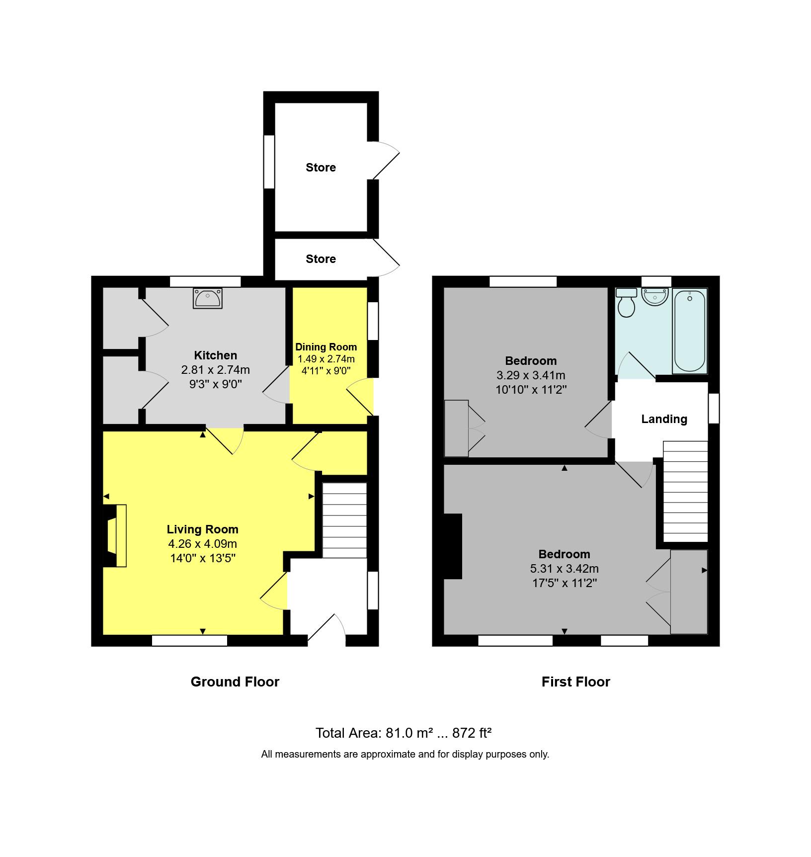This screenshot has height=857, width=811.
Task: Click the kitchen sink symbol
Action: point(208,298)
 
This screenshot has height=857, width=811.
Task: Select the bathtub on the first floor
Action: point(689,331)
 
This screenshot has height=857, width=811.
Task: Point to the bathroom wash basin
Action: point(655,296)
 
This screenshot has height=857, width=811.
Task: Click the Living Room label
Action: point(202,529)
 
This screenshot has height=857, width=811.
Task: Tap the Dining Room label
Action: point(326,347)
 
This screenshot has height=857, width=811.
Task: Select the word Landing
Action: point(664,419)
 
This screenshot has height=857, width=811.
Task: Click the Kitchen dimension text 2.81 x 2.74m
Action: point(216,370)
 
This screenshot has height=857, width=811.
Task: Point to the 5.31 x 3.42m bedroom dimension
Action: point(564,568)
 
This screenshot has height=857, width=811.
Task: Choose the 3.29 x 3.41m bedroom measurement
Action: point(531,375)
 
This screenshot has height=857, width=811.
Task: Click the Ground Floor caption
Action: point(235,682)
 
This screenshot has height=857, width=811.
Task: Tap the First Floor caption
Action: point(575,682)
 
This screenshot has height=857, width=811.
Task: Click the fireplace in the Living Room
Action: point(115,535)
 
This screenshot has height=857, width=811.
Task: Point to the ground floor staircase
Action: point(344,520)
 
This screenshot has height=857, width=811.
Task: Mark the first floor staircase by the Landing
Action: point(685,491)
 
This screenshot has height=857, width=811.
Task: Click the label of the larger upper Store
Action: point(321,168)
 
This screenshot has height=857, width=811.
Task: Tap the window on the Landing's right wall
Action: point(714,409)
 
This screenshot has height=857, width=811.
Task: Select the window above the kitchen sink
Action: point(205,281)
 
